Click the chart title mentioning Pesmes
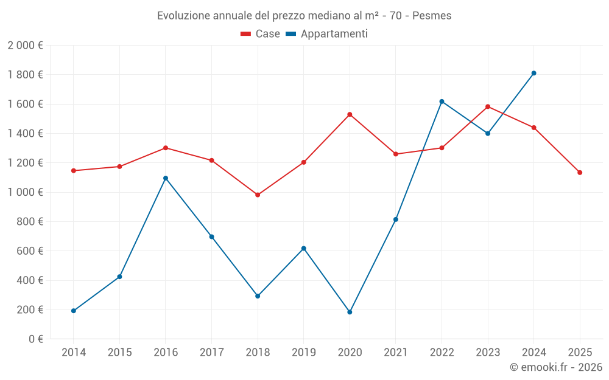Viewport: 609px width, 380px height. click(x=304, y=15)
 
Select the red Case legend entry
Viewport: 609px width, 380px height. click(x=260, y=34)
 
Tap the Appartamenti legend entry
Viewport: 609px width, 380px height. click(x=327, y=34)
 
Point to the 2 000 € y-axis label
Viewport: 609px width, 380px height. click(x=25, y=46)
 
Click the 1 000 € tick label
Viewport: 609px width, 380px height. click(x=25, y=192)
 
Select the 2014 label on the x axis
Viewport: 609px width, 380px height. click(x=74, y=353)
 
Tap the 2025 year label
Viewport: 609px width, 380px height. click(x=580, y=353)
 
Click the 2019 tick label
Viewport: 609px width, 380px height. click(x=304, y=353)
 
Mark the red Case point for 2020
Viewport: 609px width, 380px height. click(x=350, y=114)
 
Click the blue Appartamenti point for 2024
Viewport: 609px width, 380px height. click(x=533, y=73)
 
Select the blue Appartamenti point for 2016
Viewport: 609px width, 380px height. click(x=166, y=178)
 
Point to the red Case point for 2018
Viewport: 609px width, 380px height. click(x=258, y=195)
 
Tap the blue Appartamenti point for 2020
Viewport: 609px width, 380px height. click(x=350, y=312)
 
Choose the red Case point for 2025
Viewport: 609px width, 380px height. click(x=580, y=173)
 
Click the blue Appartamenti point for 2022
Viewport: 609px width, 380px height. click(x=442, y=102)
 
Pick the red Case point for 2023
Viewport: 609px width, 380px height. click(x=488, y=106)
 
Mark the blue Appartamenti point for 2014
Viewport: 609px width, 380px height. click(x=74, y=311)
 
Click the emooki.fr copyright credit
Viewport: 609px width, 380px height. click(x=556, y=367)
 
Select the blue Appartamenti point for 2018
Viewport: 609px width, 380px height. click(x=258, y=296)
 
